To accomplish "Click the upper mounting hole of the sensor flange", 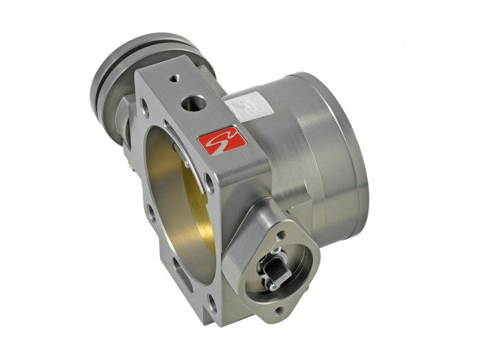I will click(281, 235).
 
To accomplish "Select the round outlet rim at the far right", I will click(354, 155).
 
